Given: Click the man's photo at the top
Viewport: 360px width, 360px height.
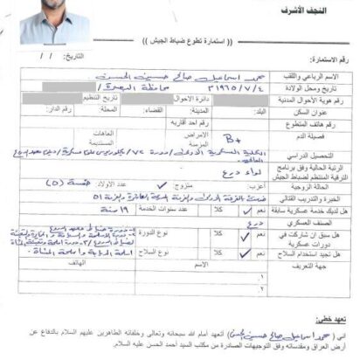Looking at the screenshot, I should [54, 20].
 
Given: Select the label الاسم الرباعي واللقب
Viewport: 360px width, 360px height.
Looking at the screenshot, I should [324, 80].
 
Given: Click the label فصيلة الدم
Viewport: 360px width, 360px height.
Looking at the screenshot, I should [332, 138].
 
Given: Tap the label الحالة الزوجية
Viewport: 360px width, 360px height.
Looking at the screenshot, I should [329, 186].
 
